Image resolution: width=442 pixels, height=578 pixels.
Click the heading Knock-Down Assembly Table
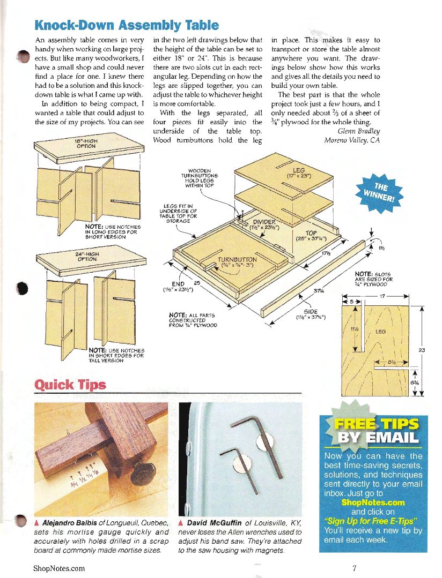pyautogui.click(x=126, y=25)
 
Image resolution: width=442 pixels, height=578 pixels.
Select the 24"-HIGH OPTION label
pyautogui.click(x=86, y=257)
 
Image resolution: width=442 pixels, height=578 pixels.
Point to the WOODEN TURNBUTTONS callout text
pyautogui.click(x=200, y=178)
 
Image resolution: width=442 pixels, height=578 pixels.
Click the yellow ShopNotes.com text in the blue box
pyautogui.click(x=372, y=502)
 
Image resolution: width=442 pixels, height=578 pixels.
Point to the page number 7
pyautogui.click(x=355, y=568)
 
